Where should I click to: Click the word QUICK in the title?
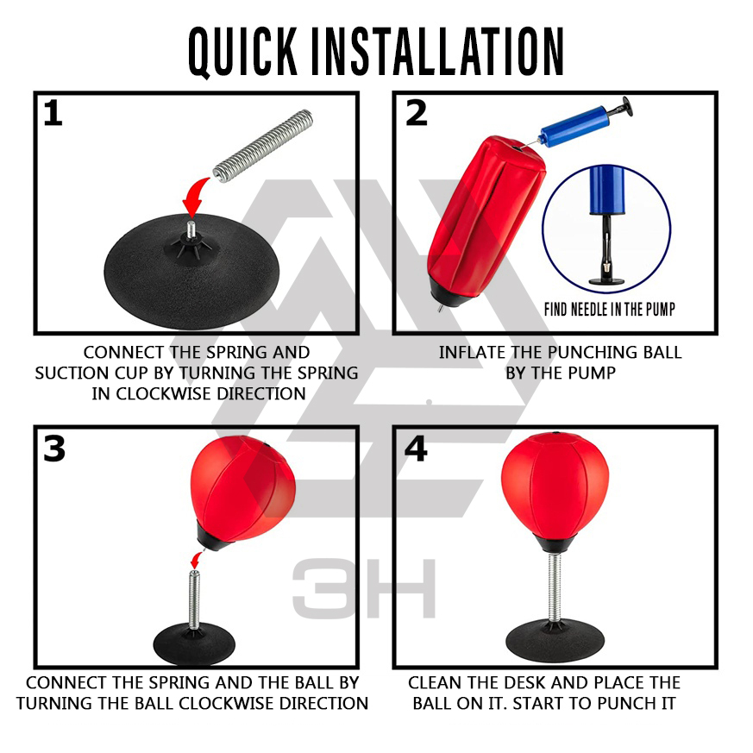242,52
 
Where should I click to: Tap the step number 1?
53,113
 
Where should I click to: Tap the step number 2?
416,113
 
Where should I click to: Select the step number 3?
53,449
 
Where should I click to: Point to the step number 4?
416,449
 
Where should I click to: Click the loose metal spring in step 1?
263,146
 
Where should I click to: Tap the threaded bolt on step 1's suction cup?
191,229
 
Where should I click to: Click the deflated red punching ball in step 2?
485,221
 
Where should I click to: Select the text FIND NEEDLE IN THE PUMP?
610,310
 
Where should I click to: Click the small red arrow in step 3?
197,560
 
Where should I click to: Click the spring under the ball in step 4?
555,587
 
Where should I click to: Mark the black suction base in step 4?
555,641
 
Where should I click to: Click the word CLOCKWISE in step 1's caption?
164,394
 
